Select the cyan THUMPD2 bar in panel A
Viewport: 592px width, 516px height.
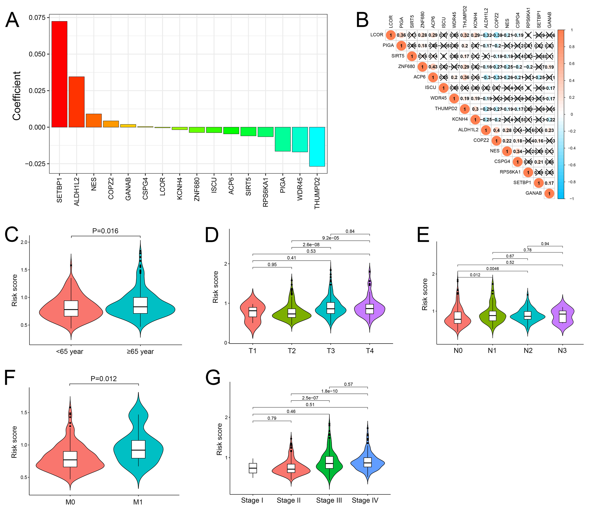tap(317, 147)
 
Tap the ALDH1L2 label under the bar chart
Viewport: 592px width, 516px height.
tap(77, 192)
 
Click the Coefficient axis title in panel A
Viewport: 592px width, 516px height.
tap(17, 96)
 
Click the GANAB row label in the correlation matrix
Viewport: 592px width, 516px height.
tap(534, 193)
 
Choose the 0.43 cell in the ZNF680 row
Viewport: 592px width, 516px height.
tap(433, 67)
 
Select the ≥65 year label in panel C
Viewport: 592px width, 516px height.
tap(140, 352)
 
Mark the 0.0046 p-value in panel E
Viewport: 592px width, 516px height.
tap(493, 269)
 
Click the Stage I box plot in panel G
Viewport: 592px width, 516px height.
tap(253, 468)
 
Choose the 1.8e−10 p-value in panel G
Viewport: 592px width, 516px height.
tap(329, 391)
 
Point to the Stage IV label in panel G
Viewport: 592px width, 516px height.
tap(365, 500)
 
